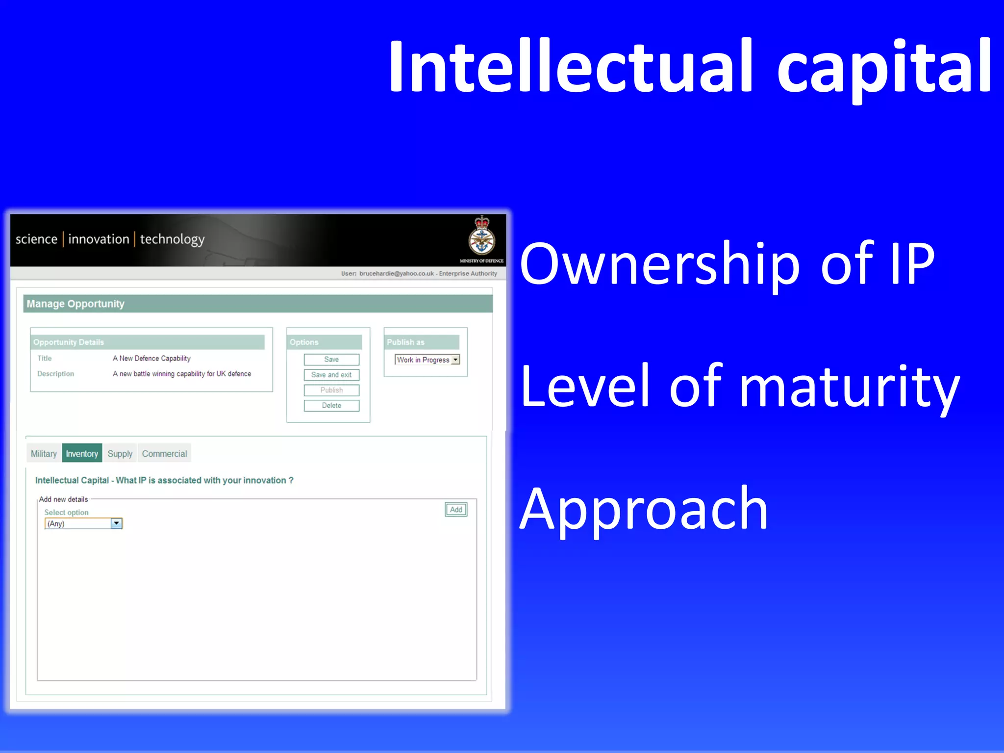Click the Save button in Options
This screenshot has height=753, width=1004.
[x=331, y=360]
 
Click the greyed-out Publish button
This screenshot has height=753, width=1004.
[x=331, y=390]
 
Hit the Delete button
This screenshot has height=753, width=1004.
[x=331, y=405]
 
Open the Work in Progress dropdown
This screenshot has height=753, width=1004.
[x=455, y=360]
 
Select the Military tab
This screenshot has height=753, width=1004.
[x=44, y=454]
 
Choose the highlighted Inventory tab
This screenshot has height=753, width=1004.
[x=82, y=454]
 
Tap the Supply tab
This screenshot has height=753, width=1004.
[x=120, y=454]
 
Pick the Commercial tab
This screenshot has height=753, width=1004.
[x=164, y=454]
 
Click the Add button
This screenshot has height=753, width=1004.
[x=456, y=510]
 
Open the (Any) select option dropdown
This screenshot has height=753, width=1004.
[x=116, y=523]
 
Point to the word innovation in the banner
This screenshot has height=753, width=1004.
[x=99, y=239]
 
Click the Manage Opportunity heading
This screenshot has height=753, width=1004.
[x=75, y=304]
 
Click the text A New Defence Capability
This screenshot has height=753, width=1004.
[x=151, y=359]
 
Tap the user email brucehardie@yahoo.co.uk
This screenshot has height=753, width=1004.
[x=396, y=274]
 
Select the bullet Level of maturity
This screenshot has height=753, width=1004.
[x=739, y=388]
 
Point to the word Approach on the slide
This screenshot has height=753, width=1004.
[x=643, y=510]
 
